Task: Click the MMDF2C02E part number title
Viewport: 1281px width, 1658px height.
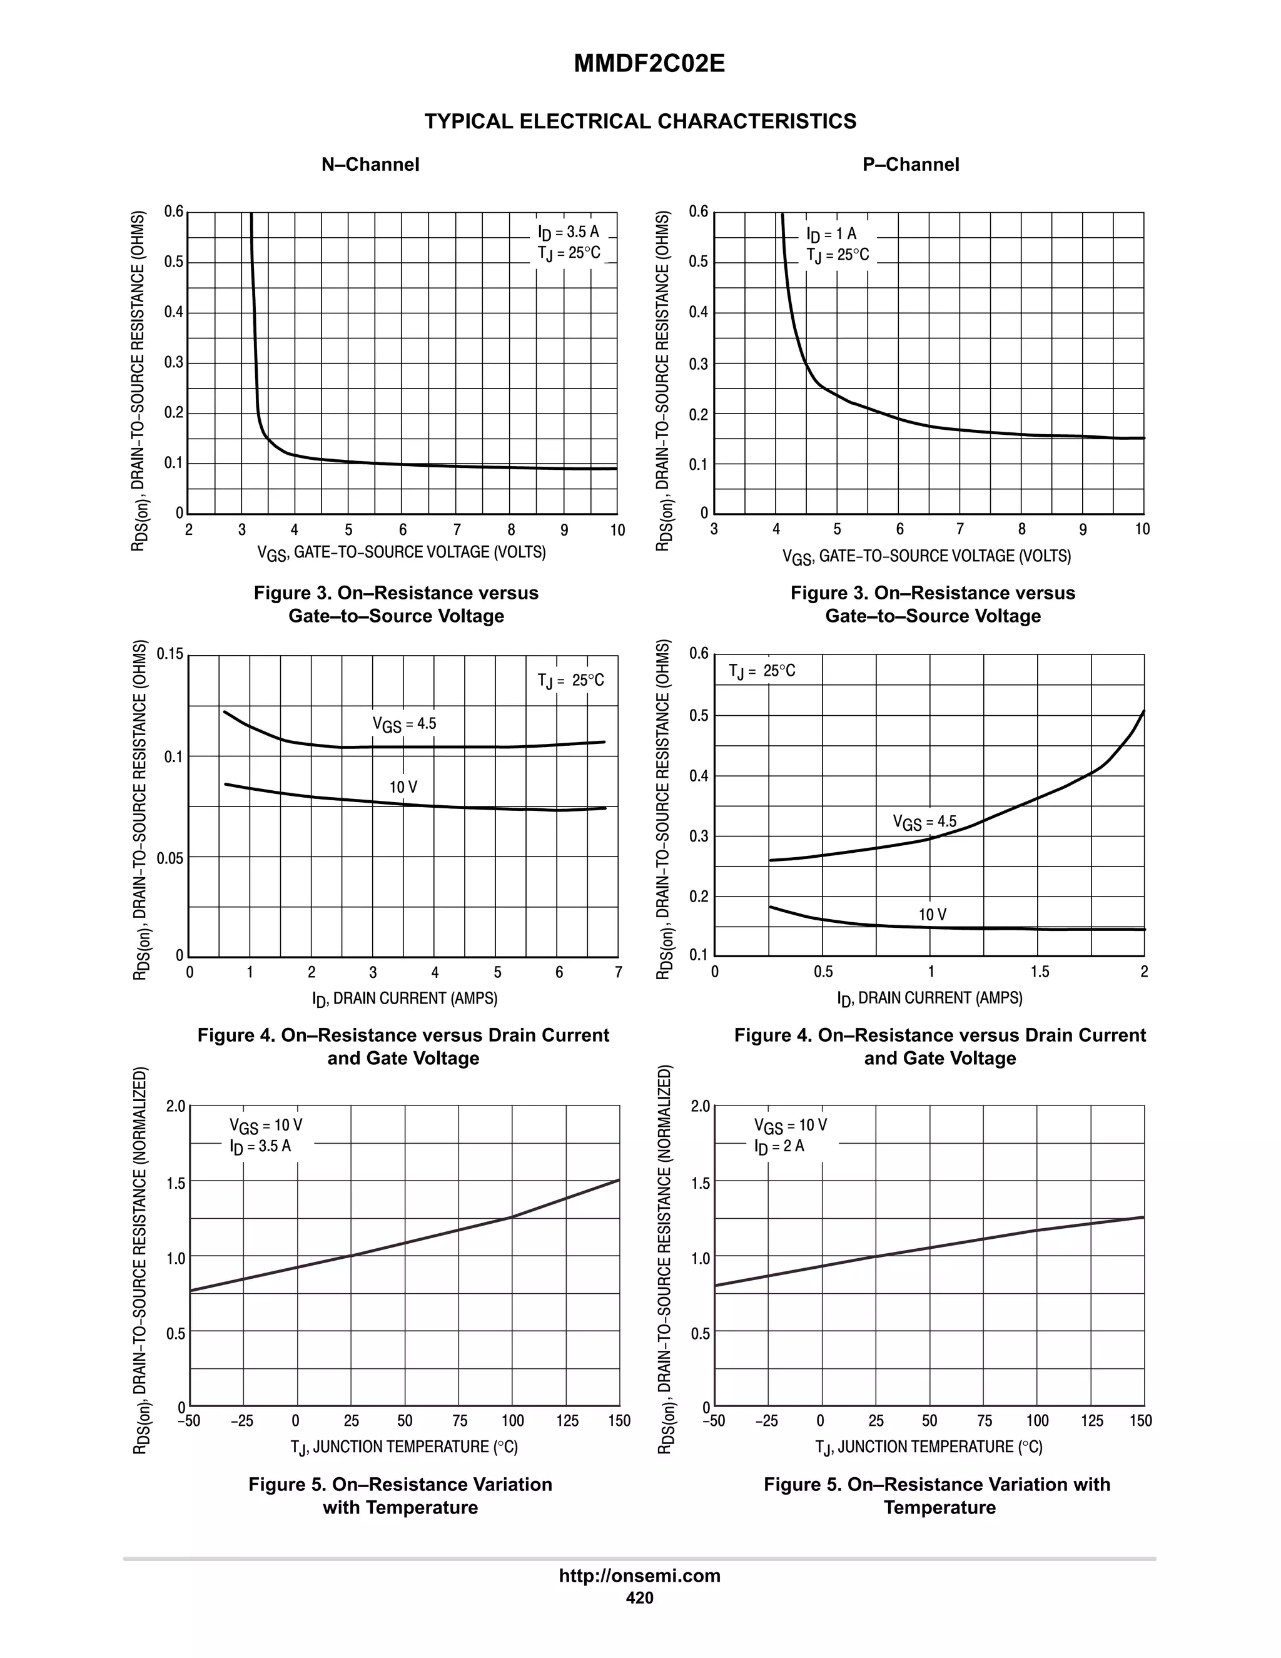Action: click(649, 64)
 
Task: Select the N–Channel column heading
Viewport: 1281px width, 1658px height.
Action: click(370, 165)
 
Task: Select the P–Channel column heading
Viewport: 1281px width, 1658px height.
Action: click(911, 165)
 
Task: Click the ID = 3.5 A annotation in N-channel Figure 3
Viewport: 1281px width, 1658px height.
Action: click(569, 232)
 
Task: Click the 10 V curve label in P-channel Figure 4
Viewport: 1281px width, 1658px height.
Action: click(933, 915)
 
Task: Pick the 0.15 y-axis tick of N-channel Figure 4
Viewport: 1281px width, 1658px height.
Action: click(170, 654)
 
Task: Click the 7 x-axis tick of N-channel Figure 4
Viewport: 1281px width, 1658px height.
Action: click(618, 972)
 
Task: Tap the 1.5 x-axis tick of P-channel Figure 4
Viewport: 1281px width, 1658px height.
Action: click(1040, 972)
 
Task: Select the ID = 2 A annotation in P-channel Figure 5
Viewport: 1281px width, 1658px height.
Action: click(779, 1146)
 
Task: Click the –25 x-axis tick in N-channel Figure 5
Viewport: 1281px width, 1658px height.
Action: click(242, 1421)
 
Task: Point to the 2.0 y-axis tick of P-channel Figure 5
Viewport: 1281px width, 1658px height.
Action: click(701, 1107)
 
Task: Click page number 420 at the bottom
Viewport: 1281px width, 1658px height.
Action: click(640, 1598)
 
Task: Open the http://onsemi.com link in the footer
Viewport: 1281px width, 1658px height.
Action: click(640, 1576)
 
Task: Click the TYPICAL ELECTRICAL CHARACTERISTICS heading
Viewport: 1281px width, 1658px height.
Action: click(640, 121)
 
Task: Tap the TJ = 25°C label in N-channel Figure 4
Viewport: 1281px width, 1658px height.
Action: click(570, 680)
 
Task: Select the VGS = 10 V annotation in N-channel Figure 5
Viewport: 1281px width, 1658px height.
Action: click(266, 1125)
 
